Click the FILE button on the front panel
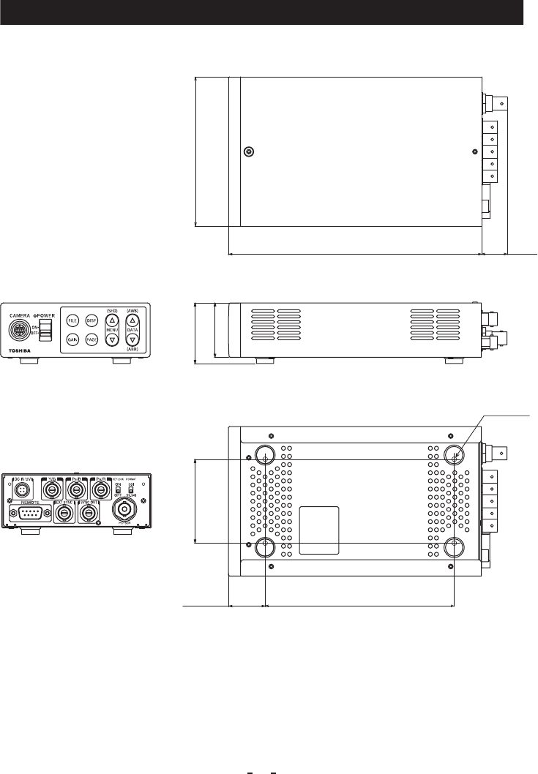72,321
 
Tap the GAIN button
72,339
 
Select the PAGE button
91,339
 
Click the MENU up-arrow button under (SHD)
112,321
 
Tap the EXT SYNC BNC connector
64,514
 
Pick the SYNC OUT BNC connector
89,514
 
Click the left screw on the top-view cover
248,152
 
